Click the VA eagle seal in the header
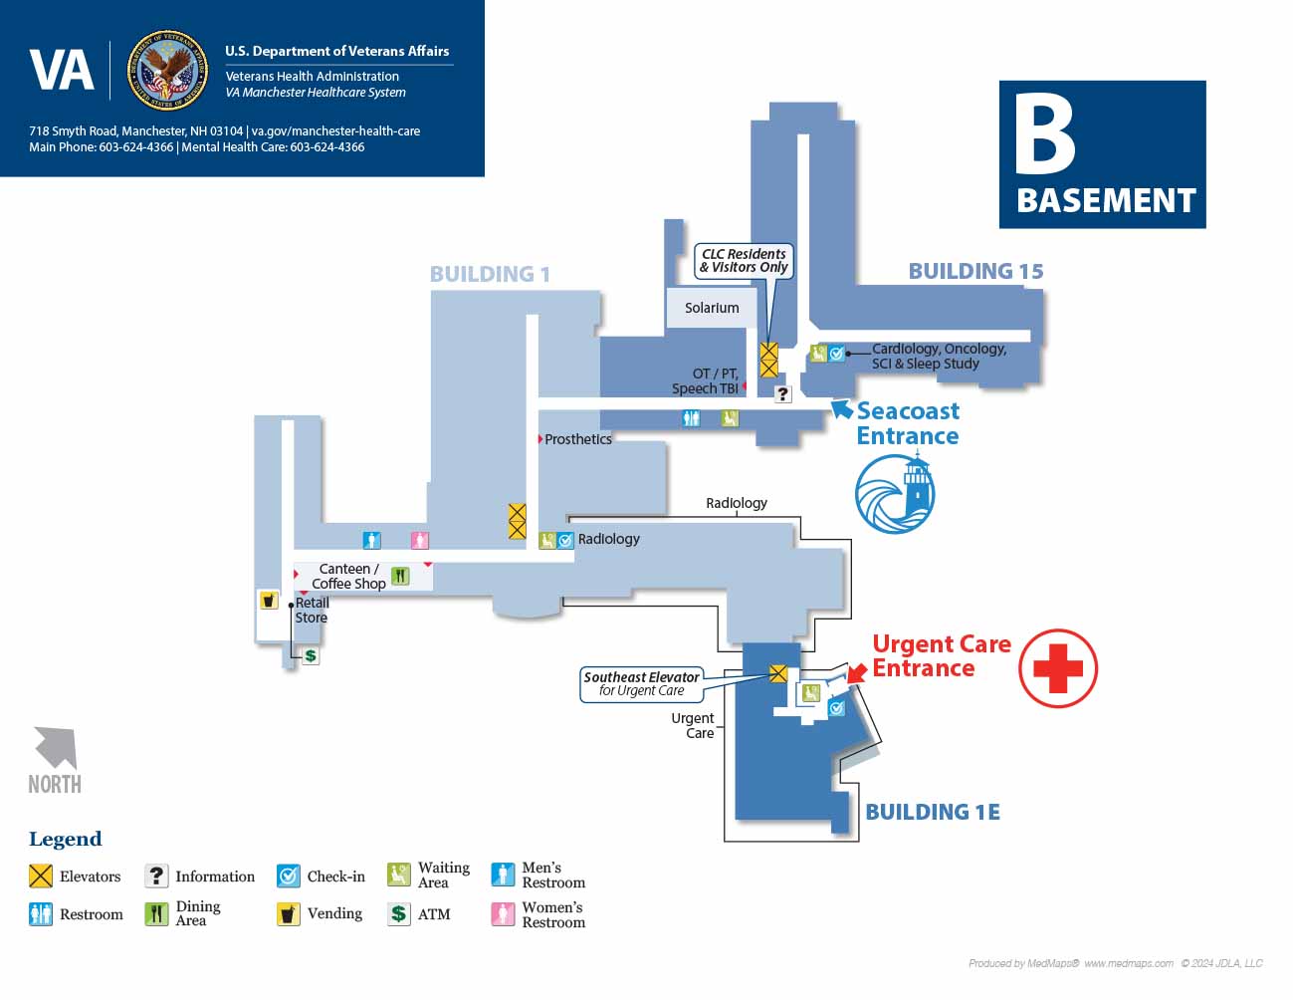[167, 70]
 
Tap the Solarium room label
[711, 308]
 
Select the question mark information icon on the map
[782, 393]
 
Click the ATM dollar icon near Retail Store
[310, 655]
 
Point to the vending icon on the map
[269, 600]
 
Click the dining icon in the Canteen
[400, 576]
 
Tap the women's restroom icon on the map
[419, 540]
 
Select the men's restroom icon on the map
[372, 540]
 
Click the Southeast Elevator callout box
[641, 684]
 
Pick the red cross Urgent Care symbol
[1057, 668]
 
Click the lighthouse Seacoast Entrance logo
[895, 493]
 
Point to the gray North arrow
[57, 748]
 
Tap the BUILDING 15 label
[975, 271]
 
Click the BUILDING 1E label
[933, 812]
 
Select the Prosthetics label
[577, 439]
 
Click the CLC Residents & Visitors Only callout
[744, 261]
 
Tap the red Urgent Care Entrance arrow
[857, 672]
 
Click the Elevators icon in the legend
[41, 876]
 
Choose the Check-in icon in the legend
[288, 876]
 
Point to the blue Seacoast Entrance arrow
[841, 409]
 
